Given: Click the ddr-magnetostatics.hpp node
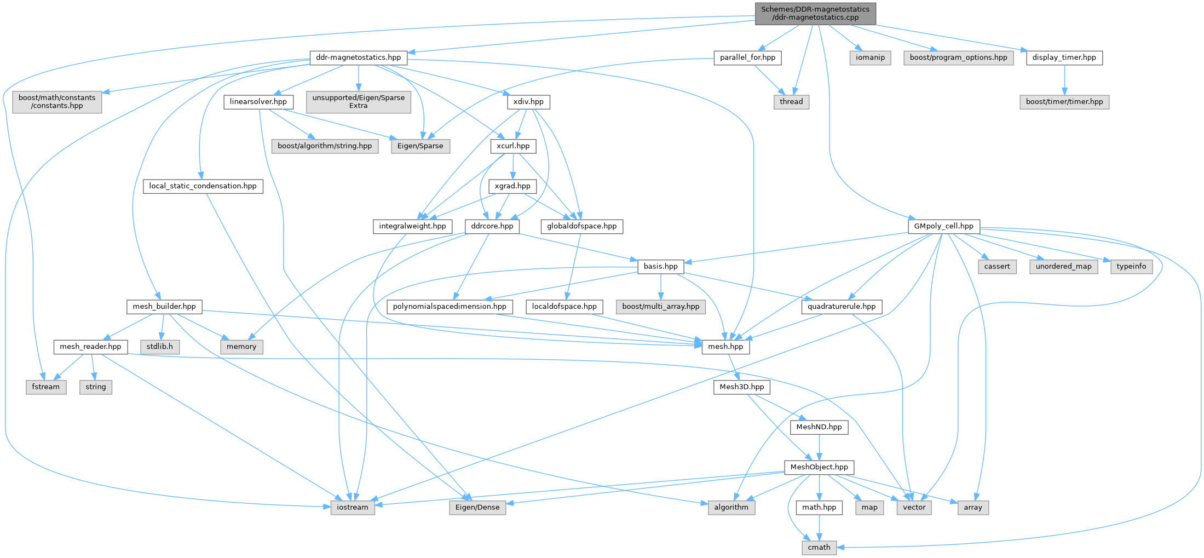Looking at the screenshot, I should click(x=358, y=57).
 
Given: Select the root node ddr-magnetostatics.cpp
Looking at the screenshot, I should click(x=815, y=13).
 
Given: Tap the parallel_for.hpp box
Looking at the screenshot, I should click(x=747, y=57).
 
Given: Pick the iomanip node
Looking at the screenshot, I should click(x=870, y=57).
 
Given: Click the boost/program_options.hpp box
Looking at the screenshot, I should click(x=958, y=57).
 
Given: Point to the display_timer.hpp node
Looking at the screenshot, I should click(x=1064, y=57).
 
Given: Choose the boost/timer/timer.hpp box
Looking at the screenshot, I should click(x=1064, y=102).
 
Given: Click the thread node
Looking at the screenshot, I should click(x=791, y=102).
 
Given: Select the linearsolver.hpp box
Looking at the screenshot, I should click(x=258, y=102).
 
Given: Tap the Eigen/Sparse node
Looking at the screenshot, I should click(x=420, y=146).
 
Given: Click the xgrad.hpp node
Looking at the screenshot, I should click(x=512, y=186).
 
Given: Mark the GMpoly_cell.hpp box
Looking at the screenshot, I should click(x=943, y=226).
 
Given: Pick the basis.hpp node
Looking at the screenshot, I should click(x=660, y=267).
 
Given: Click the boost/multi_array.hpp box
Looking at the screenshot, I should click(x=660, y=307).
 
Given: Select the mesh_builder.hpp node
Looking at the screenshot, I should click(x=164, y=307).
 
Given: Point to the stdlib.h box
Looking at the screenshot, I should click(x=159, y=347).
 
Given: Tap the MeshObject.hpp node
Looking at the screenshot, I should click(x=819, y=467).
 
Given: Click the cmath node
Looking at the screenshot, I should click(x=819, y=548).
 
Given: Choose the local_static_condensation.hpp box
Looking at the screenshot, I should click(x=203, y=186).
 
